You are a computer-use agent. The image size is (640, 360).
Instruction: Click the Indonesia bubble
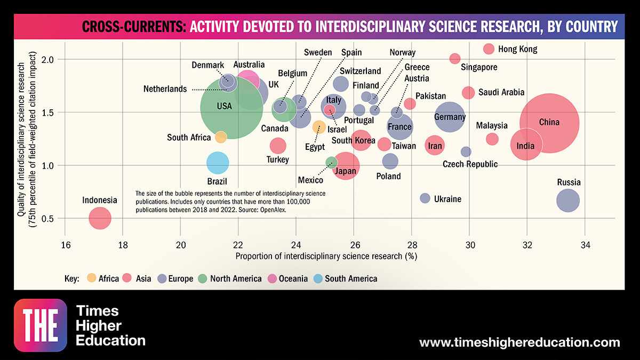(100, 218)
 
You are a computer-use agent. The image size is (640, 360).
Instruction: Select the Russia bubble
(568, 201)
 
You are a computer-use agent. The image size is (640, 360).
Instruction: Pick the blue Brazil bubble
(217, 163)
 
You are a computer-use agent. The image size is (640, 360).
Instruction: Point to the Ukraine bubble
(425, 198)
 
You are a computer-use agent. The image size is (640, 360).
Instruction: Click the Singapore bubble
(455, 58)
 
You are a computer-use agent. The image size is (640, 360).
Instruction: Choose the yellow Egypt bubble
(319, 127)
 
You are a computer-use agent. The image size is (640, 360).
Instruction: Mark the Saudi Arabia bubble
(468, 92)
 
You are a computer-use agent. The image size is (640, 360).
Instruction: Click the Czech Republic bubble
(466, 151)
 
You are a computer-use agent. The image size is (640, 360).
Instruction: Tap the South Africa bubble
(221, 137)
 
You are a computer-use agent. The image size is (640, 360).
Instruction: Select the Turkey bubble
(278, 145)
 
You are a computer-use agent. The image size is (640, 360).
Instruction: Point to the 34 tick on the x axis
(585, 245)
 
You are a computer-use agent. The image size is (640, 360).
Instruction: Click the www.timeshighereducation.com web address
(519, 342)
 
